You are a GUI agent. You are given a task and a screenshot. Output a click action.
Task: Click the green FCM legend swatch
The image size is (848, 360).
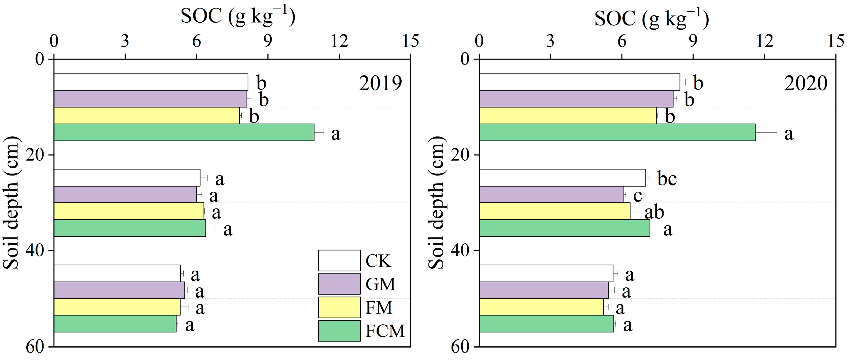339,331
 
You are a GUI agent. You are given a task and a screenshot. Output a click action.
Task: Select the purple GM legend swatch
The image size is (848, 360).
339,284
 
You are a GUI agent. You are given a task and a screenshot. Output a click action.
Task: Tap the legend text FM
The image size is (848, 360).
379,308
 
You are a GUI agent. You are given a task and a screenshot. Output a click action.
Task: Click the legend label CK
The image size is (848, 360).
378,261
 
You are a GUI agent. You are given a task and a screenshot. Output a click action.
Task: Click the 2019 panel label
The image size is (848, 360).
380,83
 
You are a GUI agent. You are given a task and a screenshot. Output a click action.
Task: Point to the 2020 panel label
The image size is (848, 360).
806,83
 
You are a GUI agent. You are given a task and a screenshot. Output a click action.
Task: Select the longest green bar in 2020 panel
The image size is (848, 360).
617,133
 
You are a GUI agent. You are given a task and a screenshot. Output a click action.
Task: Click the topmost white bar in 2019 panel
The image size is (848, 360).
151,82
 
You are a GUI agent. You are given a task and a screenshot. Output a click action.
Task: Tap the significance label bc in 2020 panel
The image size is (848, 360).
667,178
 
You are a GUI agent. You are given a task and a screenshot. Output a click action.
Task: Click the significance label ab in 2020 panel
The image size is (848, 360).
654,212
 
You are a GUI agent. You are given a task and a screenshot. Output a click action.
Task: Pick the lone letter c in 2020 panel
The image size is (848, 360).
638,196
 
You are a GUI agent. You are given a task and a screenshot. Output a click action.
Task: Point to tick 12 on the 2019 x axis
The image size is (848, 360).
339,41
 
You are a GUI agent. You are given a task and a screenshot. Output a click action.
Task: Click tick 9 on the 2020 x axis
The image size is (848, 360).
693,41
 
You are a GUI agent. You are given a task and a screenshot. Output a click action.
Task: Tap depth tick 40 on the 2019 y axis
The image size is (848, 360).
35,251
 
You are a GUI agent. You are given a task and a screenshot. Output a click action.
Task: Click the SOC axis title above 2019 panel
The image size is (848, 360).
238,16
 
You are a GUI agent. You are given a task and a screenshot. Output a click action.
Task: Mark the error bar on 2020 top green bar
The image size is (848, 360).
766,133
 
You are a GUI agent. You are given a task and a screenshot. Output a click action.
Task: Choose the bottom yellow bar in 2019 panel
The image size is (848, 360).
117,307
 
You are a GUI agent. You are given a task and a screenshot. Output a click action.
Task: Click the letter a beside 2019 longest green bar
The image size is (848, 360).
335,134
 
